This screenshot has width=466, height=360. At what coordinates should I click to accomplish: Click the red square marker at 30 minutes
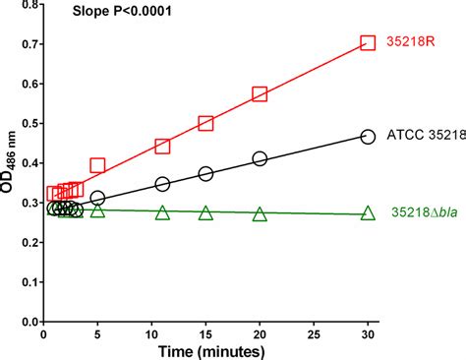368,42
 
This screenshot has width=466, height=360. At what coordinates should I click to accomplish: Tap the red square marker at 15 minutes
205,123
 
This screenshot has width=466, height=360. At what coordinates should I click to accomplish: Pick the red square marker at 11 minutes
162,146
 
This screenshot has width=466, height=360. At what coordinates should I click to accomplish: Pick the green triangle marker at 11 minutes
162,212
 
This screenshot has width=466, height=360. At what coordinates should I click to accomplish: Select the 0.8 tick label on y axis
26,5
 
